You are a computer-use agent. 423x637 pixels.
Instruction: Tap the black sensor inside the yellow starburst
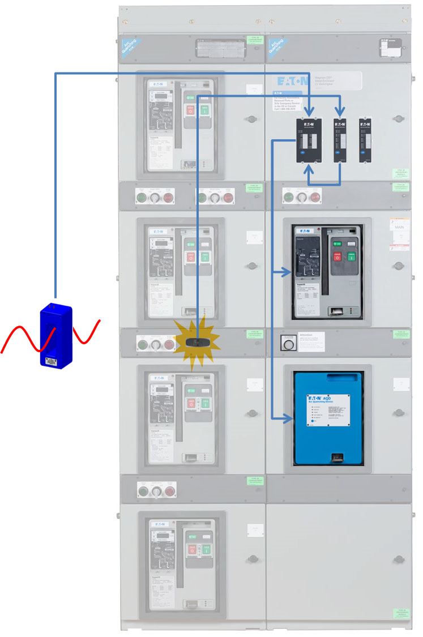click(x=196, y=343)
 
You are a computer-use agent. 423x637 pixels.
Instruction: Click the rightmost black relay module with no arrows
click(x=365, y=139)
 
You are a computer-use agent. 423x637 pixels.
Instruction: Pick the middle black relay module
click(x=340, y=139)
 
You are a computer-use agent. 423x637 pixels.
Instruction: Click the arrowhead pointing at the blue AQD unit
click(x=288, y=419)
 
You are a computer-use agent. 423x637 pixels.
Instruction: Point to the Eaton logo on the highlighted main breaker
click(x=301, y=230)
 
